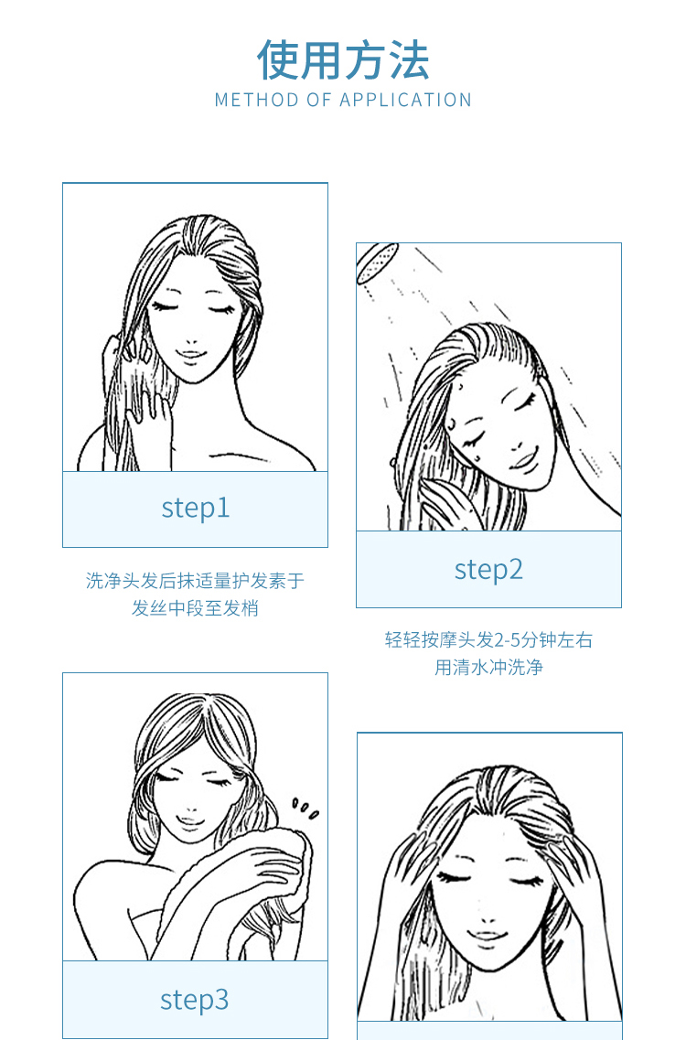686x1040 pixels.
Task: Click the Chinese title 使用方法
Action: (343, 60)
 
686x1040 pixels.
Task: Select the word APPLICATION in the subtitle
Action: (405, 100)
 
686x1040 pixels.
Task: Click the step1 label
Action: (196, 508)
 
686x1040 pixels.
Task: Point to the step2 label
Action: (489, 569)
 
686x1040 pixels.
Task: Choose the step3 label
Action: (195, 1000)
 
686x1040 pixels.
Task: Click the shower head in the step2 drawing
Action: (376, 263)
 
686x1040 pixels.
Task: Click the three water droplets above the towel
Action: (305, 809)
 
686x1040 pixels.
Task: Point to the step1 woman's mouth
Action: (191, 353)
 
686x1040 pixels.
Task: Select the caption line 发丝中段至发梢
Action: (195, 608)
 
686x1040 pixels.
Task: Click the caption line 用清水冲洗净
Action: (489, 667)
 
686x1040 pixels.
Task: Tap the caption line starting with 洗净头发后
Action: (195, 581)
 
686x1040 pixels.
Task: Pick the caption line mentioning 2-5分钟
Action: (489, 640)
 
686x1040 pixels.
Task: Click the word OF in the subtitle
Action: (319, 100)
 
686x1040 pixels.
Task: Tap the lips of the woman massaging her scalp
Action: (488, 937)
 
